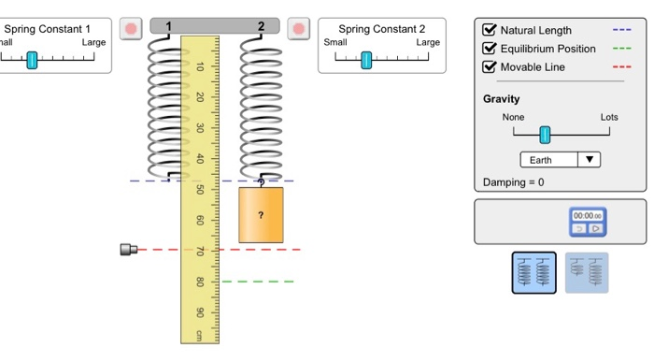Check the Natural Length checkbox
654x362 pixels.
tap(489, 30)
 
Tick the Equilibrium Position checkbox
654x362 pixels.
tap(489, 49)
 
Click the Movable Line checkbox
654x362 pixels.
tap(489, 67)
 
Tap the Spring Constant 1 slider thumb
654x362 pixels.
tap(32, 59)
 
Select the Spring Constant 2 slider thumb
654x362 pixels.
tap(366, 59)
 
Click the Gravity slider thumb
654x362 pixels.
tap(545, 134)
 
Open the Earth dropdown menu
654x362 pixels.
tap(560, 160)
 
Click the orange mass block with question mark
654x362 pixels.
tap(261, 215)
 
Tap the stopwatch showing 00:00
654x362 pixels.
tap(588, 223)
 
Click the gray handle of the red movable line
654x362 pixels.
tap(129, 250)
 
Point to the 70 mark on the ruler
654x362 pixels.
tap(200, 251)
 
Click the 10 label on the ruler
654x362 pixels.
tap(200, 67)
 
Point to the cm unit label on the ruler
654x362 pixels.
tap(199, 335)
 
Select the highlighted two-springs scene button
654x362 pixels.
tap(533, 273)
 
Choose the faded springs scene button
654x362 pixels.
tap(586, 273)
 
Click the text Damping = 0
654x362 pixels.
tap(513, 181)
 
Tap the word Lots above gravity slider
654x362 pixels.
tap(609, 117)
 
